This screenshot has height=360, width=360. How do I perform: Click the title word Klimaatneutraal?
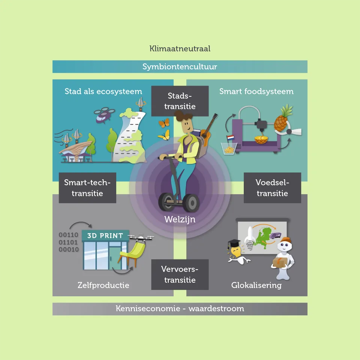coord(180,48)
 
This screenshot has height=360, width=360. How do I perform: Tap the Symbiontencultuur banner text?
coord(180,67)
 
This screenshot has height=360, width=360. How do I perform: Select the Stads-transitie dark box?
coord(180,101)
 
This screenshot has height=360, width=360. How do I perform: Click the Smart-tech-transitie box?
coord(87,188)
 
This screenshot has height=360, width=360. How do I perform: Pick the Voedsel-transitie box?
coord(272,188)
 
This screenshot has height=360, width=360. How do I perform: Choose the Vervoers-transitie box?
coord(180,274)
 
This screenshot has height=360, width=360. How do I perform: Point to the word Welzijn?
coord(180,219)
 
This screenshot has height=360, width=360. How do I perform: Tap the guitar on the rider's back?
coord(208,129)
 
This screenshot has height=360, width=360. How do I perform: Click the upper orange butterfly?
coord(164,123)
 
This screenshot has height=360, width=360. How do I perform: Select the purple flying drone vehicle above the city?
coord(104,115)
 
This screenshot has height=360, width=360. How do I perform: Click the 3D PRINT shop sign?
coord(105,235)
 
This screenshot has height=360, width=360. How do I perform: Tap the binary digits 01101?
coord(68,242)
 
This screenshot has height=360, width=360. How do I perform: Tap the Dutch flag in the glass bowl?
coord(230,138)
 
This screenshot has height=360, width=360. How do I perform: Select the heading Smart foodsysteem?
coord(256,91)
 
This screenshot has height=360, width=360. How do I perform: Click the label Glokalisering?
coord(256,285)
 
